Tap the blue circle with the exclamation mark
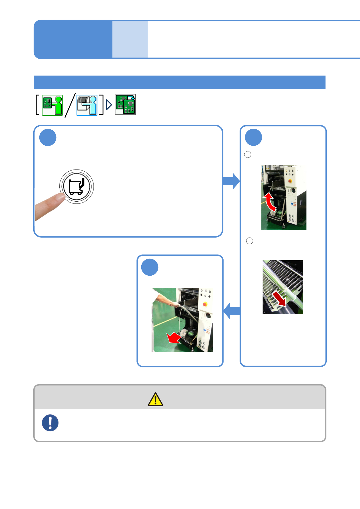click(50, 423)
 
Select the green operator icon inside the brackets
click(52, 105)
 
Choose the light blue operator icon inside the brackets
click(87, 105)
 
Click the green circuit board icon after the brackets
click(125, 105)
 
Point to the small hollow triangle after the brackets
click(109, 105)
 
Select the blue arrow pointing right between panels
click(231, 181)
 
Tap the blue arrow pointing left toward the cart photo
click(232, 311)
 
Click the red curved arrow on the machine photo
click(270, 202)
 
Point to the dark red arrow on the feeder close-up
click(279, 298)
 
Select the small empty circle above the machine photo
click(247, 154)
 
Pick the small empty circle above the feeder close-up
click(250, 241)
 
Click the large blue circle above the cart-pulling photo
click(150, 267)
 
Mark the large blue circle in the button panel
click(48, 138)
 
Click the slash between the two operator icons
click(70, 105)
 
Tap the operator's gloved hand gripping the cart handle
click(175, 304)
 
